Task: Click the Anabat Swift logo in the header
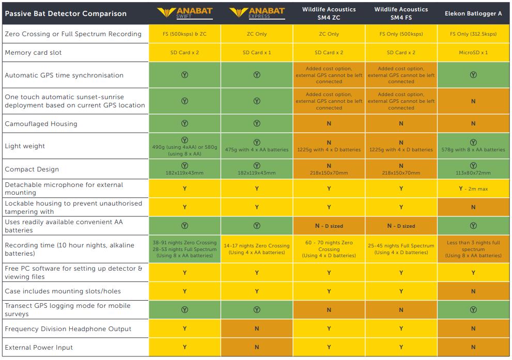(184, 12)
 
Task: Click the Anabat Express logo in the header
(257, 12)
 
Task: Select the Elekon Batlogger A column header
(473, 13)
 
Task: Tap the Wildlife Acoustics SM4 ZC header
(329, 13)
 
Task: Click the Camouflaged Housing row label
(41, 124)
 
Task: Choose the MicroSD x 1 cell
(473, 53)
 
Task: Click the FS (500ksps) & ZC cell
(184, 34)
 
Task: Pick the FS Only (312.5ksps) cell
(473, 34)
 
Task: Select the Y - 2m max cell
(473, 189)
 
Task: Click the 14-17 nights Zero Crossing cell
(257, 249)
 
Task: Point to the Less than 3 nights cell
(473, 249)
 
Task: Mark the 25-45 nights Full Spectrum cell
(401, 249)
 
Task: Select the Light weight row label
(25, 146)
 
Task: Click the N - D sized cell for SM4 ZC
(329, 226)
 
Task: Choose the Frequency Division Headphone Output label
(68, 329)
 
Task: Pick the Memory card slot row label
(36, 53)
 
